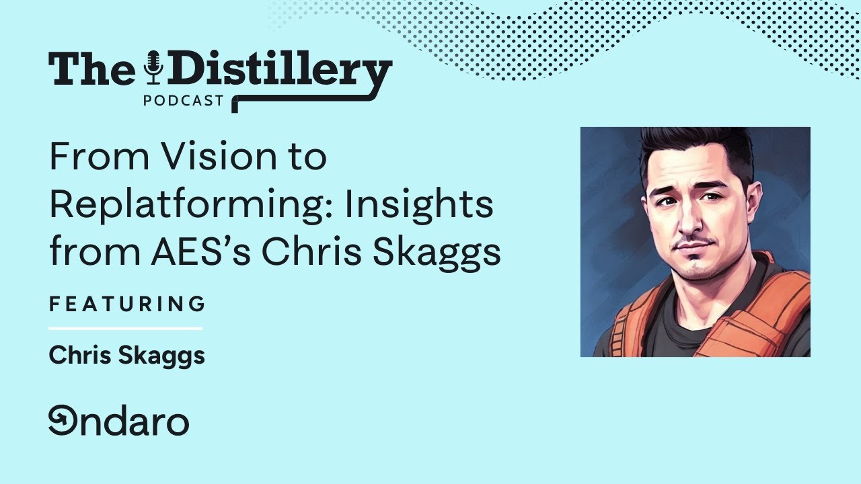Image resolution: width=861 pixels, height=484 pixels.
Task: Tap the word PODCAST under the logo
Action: click(183, 101)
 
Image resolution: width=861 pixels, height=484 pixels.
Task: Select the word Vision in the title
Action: click(218, 157)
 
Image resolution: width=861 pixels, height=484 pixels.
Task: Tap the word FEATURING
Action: click(127, 304)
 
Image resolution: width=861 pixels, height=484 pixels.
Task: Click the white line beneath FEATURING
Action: click(125, 329)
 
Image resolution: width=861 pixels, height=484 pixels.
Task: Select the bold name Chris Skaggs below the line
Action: click(126, 356)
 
